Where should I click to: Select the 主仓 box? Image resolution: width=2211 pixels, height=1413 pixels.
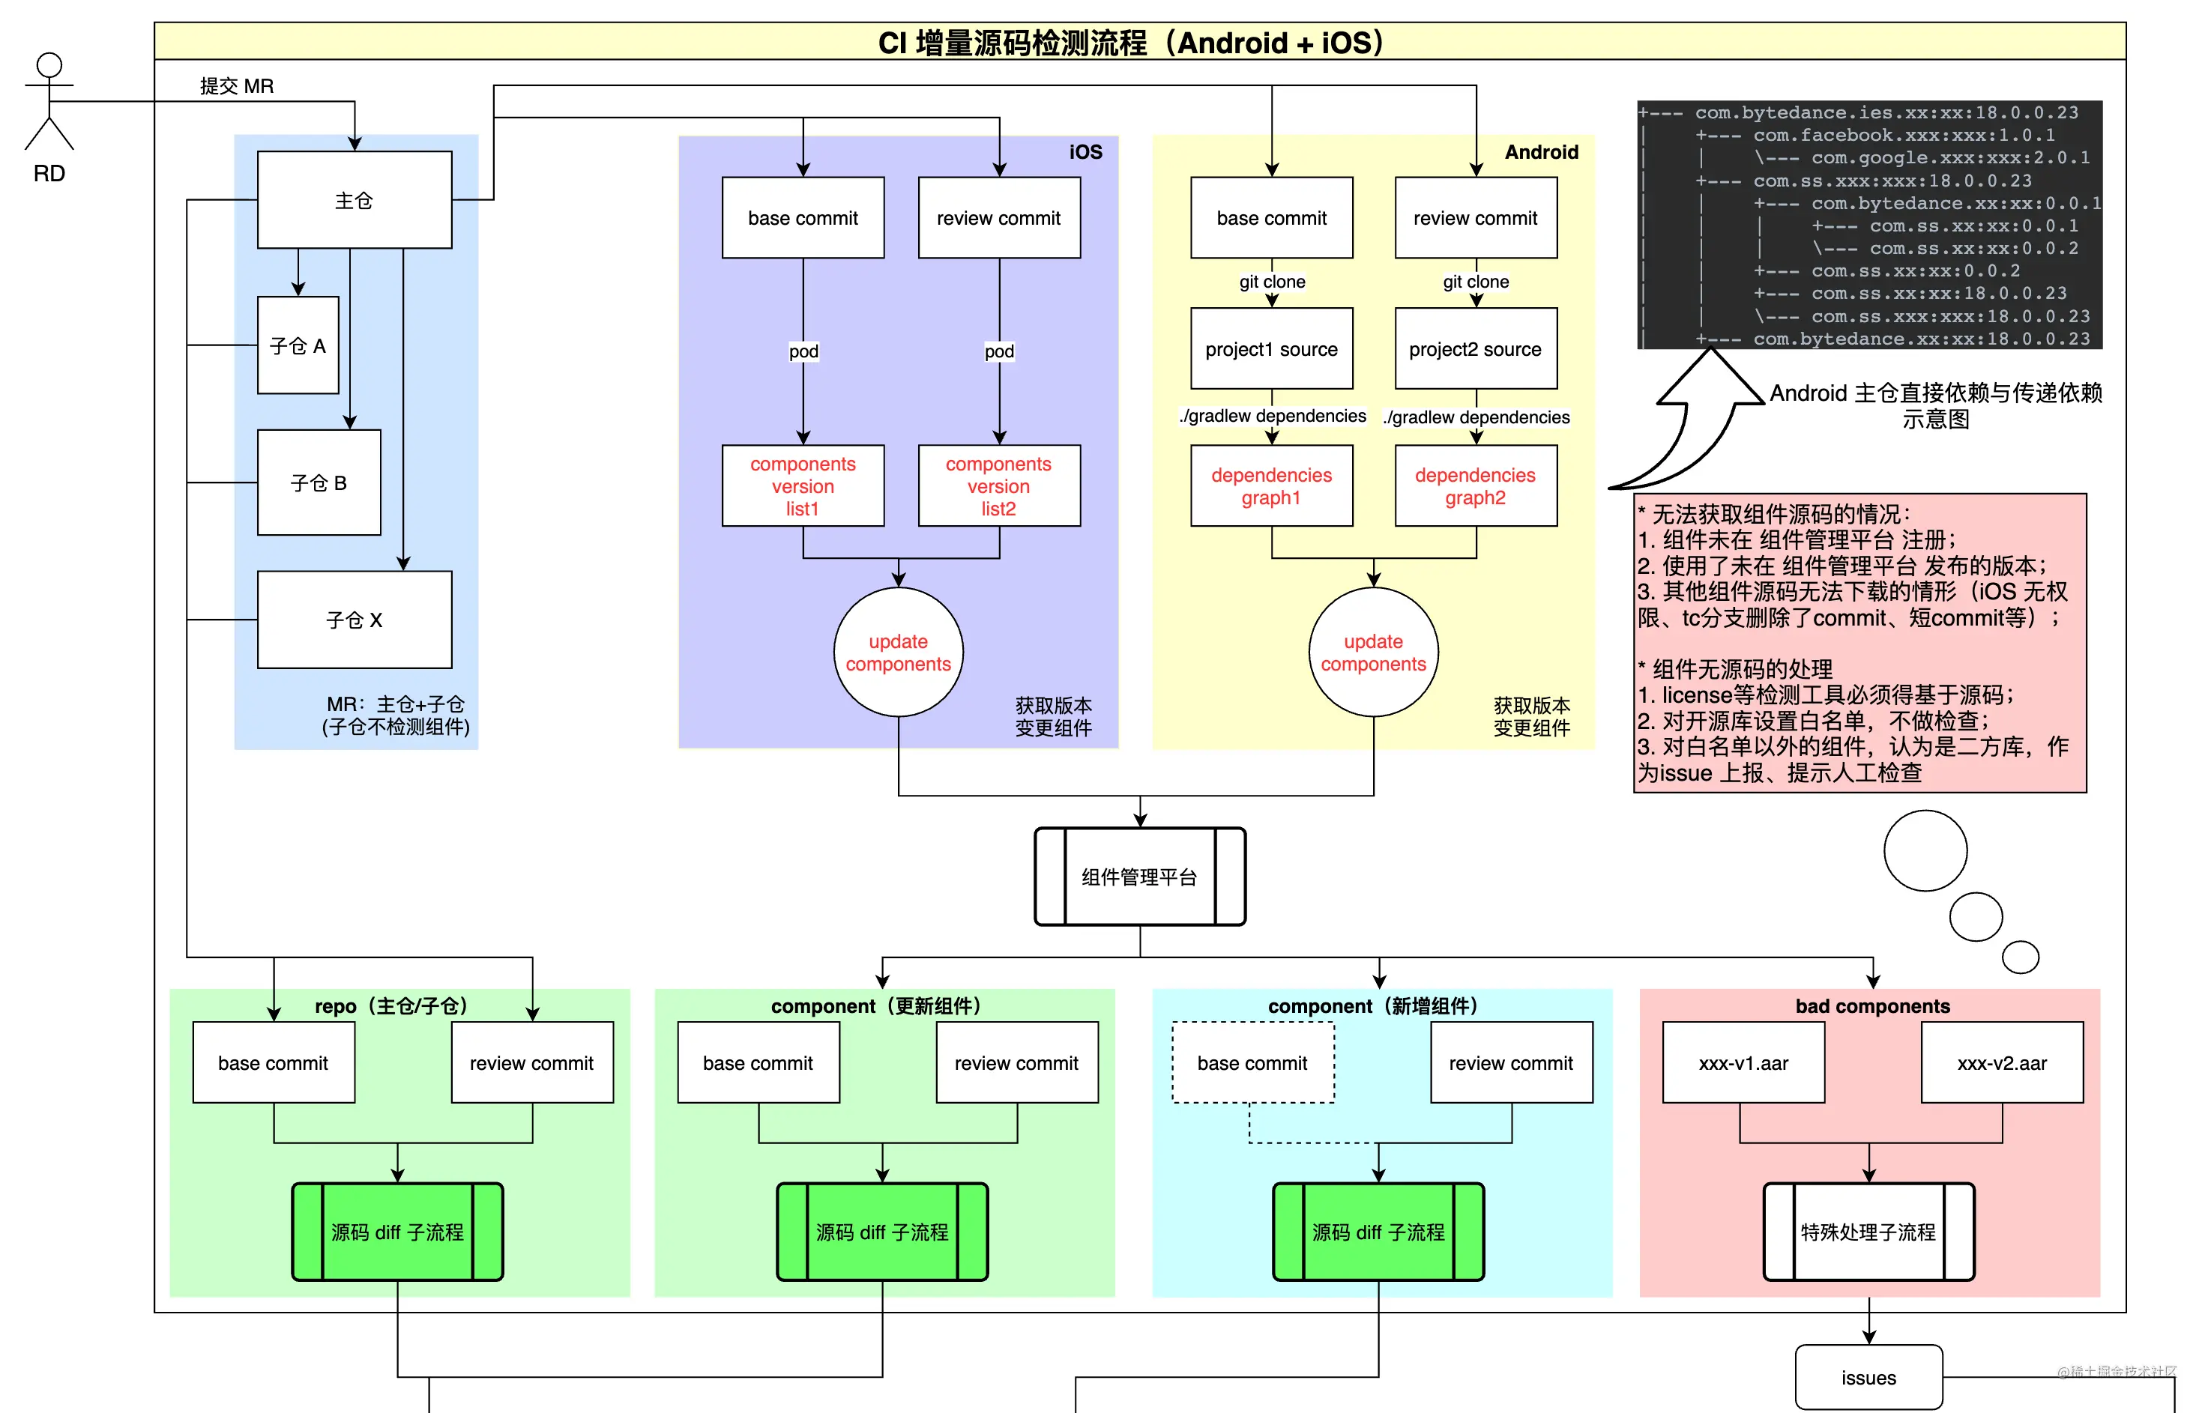tap(355, 199)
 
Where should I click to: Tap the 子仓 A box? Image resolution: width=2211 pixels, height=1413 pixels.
tap(298, 345)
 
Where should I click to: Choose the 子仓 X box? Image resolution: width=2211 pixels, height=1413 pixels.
tap(355, 620)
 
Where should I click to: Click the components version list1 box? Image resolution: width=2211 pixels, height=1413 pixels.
tap(803, 485)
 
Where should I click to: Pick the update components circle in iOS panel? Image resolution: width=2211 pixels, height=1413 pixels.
tap(898, 652)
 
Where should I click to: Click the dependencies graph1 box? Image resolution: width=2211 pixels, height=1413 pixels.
tap(1271, 485)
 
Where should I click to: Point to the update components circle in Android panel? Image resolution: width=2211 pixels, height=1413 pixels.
tap(1372, 652)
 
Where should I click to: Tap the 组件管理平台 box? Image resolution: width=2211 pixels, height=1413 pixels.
tap(1139, 877)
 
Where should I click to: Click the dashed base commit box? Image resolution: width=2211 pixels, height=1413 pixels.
tap(1252, 1062)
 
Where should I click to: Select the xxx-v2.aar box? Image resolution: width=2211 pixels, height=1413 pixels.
tap(2002, 1062)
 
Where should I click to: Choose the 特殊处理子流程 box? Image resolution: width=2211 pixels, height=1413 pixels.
tap(1868, 1231)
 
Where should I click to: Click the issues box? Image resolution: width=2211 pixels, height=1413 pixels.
tap(1868, 1377)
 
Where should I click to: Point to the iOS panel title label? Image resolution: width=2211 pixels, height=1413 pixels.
tap(1085, 151)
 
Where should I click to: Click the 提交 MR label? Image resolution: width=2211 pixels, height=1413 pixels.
tap(237, 85)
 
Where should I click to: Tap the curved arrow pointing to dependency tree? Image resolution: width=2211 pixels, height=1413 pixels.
tap(1689, 423)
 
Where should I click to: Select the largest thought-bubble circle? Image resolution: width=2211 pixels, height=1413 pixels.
tap(1925, 850)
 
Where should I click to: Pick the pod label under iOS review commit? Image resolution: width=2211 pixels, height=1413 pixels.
tap(999, 351)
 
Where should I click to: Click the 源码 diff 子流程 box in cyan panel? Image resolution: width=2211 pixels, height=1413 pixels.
tap(1378, 1231)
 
